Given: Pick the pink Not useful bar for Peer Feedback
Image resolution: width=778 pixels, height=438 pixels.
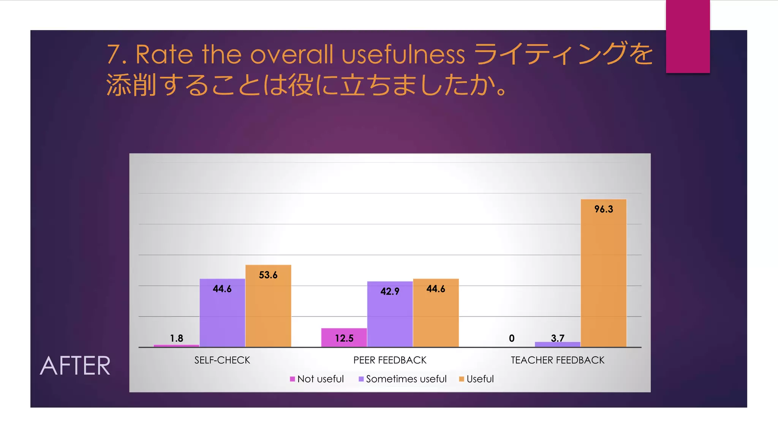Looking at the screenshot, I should click(344, 338).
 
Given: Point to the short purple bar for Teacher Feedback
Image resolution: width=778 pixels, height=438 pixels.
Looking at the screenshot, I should click(557, 344).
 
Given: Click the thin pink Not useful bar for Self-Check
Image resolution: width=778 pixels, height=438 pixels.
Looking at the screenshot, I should click(176, 346).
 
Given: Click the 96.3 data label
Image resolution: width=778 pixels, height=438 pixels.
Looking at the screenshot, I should click(604, 209).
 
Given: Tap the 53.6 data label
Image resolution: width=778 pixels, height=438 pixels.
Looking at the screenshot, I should click(268, 275).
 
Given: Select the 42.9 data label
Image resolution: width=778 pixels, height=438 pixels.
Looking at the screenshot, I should click(390, 291).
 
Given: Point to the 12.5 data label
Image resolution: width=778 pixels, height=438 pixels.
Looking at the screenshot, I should click(344, 338).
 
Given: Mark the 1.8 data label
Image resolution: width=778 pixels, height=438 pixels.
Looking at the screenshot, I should click(176, 338).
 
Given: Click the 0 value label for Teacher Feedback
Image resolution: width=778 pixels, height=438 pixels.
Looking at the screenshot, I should click(512, 338).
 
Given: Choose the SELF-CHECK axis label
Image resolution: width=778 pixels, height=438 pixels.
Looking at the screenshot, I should click(222, 360).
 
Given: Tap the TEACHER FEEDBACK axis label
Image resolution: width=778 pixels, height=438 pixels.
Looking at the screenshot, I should click(557, 360).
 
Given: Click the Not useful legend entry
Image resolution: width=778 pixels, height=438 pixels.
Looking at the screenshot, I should click(317, 379).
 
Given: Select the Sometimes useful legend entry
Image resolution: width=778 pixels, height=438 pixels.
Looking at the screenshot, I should click(403, 379).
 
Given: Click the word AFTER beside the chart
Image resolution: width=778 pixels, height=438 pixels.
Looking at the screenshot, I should click(75, 366).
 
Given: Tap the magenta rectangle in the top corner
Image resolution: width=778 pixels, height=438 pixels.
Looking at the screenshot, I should click(688, 36).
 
